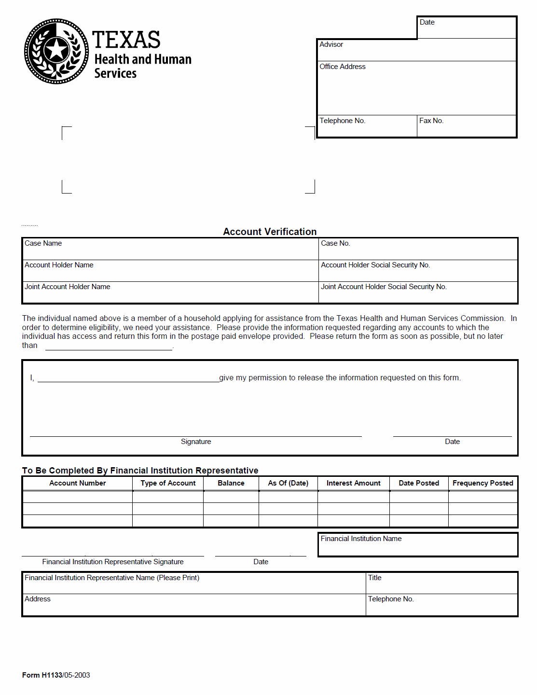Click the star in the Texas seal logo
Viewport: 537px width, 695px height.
click(x=56, y=50)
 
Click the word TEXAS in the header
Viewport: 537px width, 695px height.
click(x=126, y=40)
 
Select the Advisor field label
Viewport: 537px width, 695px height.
click(x=331, y=44)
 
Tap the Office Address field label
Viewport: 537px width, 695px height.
click(x=343, y=67)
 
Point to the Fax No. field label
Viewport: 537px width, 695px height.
click(x=431, y=121)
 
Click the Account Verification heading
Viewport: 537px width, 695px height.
click(x=270, y=232)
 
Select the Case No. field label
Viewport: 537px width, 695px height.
click(x=335, y=243)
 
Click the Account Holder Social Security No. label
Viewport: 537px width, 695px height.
click(x=375, y=265)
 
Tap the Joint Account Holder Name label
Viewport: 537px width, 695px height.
click(x=68, y=287)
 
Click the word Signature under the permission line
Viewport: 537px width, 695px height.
click(x=196, y=442)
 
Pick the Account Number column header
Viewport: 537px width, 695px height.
click(x=78, y=483)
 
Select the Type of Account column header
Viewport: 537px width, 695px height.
click(x=168, y=483)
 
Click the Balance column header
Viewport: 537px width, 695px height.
click(x=231, y=483)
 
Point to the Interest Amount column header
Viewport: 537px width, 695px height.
click(x=354, y=483)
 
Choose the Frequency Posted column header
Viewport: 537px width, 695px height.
click(x=483, y=483)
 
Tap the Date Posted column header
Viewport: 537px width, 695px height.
click(x=419, y=483)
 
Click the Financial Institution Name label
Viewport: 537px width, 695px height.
click(x=361, y=539)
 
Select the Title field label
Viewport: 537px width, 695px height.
click(x=375, y=578)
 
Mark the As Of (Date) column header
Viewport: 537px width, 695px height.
click(x=288, y=483)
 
